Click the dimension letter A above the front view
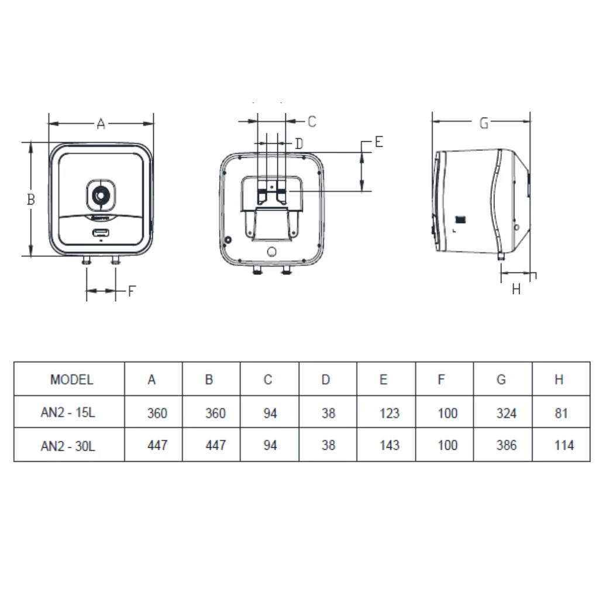click(x=101, y=124)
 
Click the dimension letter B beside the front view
click(x=31, y=199)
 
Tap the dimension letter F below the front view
click(x=132, y=291)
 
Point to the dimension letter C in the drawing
click(x=312, y=122)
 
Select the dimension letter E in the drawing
click(x=378, y=142)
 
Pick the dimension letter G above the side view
click(x=484, y=123)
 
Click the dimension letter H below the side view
click(x=517, y=289)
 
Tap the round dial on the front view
click(x=101, y=195)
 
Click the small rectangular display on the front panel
click(x=101, y=233)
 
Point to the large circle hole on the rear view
click(x=271, y=252)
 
